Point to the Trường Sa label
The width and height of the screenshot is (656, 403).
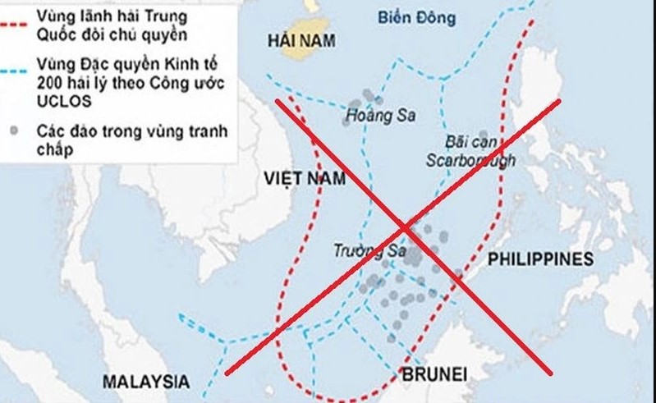coord(365,251)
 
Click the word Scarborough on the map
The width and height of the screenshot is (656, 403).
coord(470,160)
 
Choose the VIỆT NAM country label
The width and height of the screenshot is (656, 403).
coord(305,178)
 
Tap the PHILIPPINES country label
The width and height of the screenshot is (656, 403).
coord(539,259)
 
